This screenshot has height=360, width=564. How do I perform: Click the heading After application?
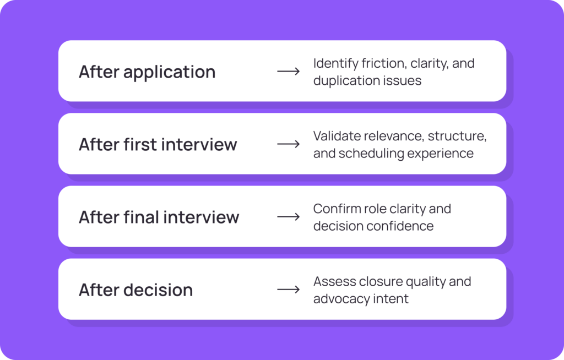tap(147, 72)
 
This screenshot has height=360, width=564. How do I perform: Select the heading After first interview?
tap(158, 144)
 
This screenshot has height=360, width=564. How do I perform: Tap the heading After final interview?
tap(159, 217)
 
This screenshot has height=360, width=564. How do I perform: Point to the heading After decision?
tap(136, 290)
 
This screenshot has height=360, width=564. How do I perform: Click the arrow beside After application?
tap(289, 71)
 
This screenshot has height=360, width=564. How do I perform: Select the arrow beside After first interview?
tap(289, 144)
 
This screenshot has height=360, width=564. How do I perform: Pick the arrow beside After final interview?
tap(289, 216)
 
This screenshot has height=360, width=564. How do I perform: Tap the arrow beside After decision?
tap(289, 289)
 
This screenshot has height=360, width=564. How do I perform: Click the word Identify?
tap(335, 64)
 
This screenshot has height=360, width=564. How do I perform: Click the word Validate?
tap(337, 136)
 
